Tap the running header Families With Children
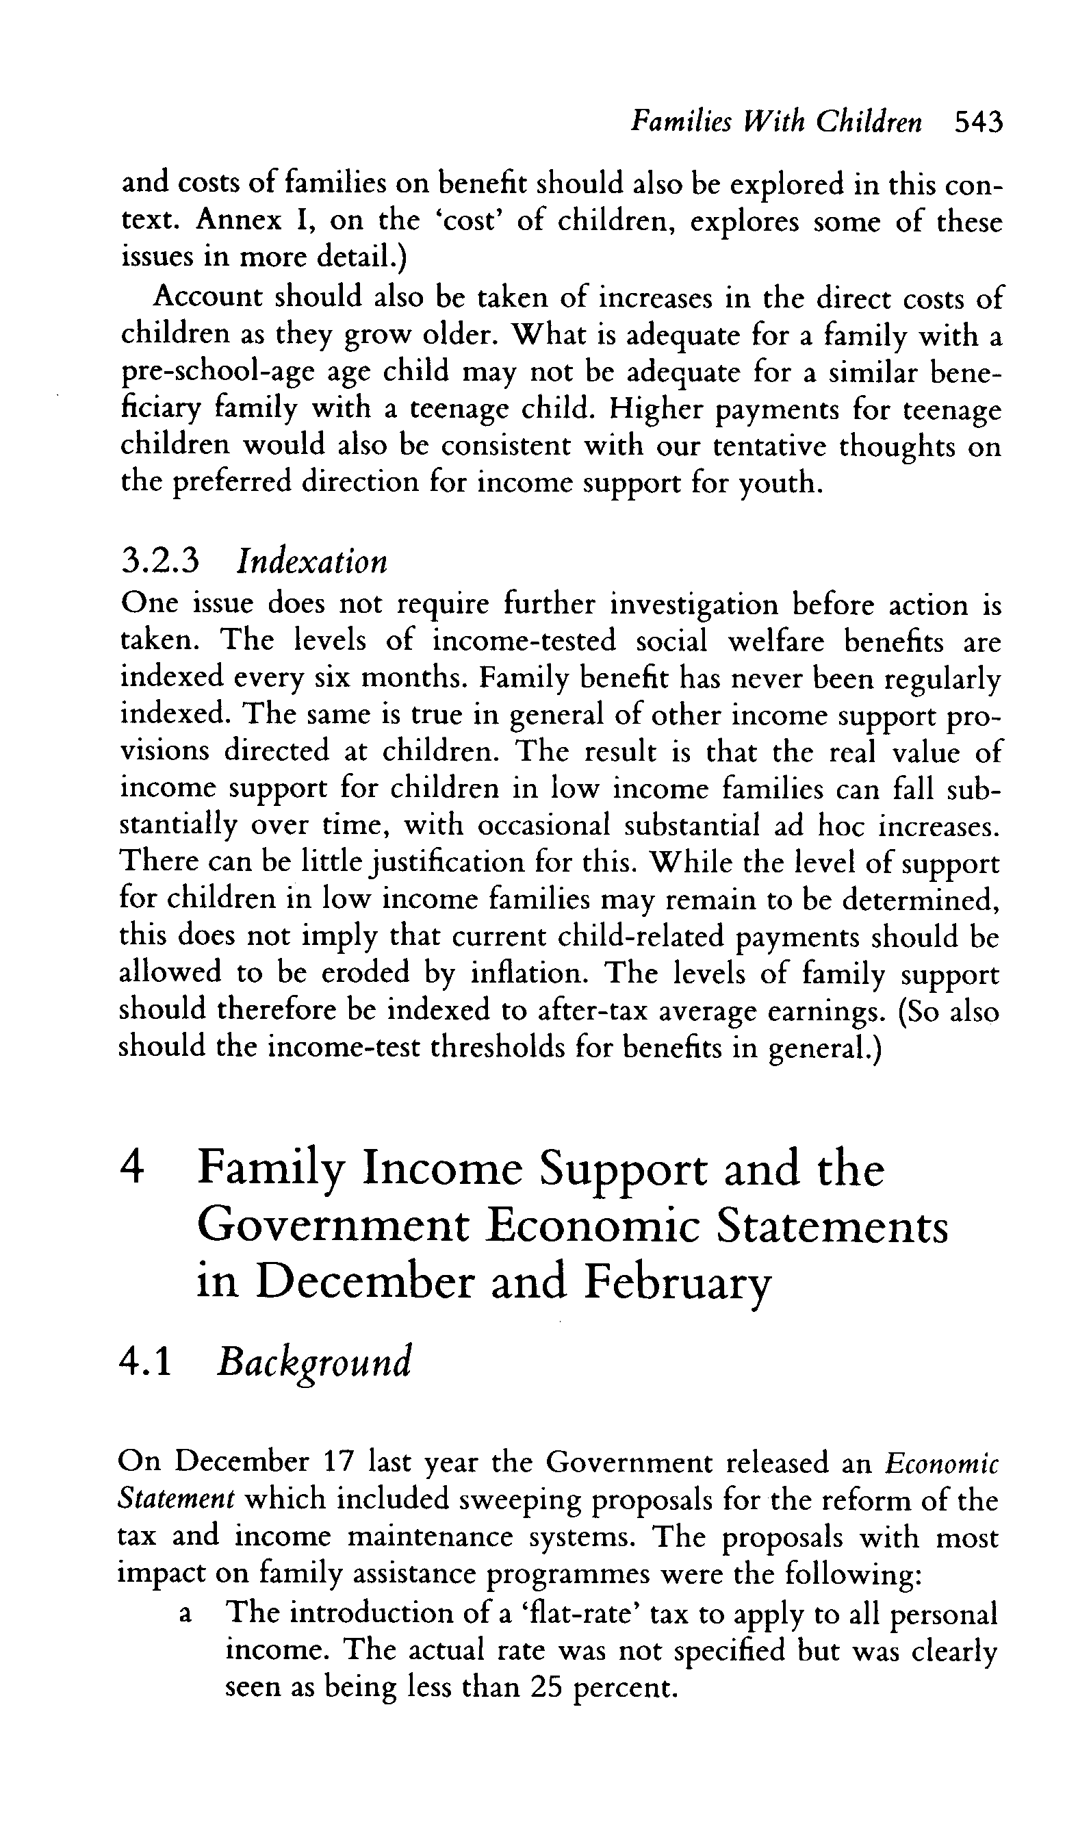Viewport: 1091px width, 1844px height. click(x=776, y=122)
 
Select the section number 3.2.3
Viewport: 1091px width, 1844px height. click(x=159, y=561)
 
